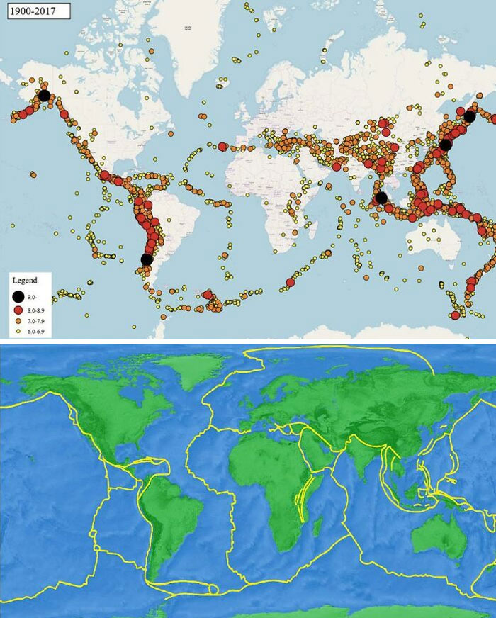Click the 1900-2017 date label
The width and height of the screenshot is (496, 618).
[x=36, y=11]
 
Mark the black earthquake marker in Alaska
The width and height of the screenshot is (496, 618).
[x=44, y=95]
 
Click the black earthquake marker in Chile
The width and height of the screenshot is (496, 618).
[x=147, y=259]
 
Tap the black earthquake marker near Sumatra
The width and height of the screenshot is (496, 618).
[x=381, y=198]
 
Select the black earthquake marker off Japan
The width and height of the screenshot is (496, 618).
[x=445, y=145]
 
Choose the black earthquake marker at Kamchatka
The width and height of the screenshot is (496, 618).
[x=469, y=116]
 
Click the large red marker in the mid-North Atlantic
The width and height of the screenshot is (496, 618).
[x=223, y=147]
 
